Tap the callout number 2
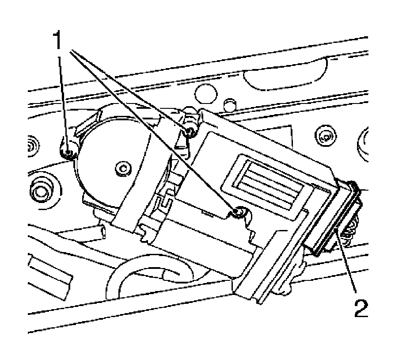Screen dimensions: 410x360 click(361, 308)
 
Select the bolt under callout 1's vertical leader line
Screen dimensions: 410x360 click(67, 153)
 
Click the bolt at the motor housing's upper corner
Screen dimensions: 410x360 click(191, 130)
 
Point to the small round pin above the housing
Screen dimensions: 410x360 click(228, 105)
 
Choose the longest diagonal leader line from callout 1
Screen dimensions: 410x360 click(155, 133)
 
